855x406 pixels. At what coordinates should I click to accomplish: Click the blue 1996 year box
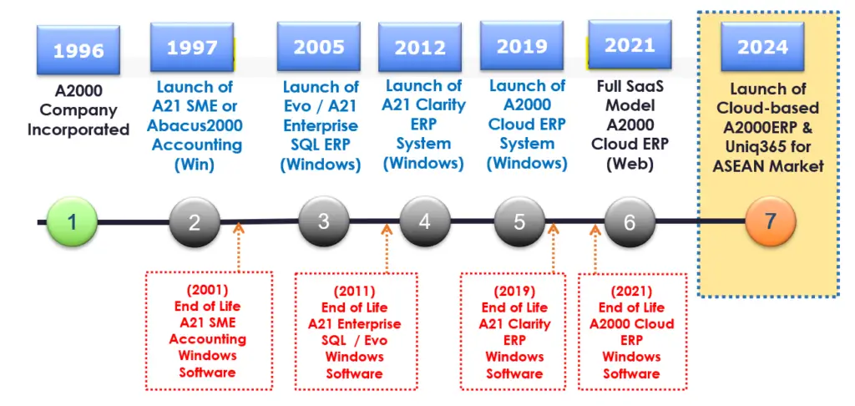(x=78, y=49)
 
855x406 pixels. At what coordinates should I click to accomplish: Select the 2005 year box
(x=318, y=47)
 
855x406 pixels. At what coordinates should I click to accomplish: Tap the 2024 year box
(x=762, y=47)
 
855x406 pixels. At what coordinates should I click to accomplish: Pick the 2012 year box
(x=420, y=48)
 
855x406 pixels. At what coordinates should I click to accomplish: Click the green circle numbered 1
(x=72, y=222)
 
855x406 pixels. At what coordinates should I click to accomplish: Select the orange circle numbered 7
(x=771, y=221)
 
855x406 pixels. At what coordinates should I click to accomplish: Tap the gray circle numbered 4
(x=425, y=221)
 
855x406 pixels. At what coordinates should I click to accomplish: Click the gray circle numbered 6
(x=630, y=222)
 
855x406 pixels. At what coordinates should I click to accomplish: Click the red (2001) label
(x=207, y=290)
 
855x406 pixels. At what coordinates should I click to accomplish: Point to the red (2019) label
(x=514, y=292)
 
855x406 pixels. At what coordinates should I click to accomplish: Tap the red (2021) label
(x=632, y=292)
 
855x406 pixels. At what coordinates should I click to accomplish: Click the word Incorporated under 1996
(x=78, y=129)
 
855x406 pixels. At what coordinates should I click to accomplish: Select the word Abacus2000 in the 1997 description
(x=195, y=126)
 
